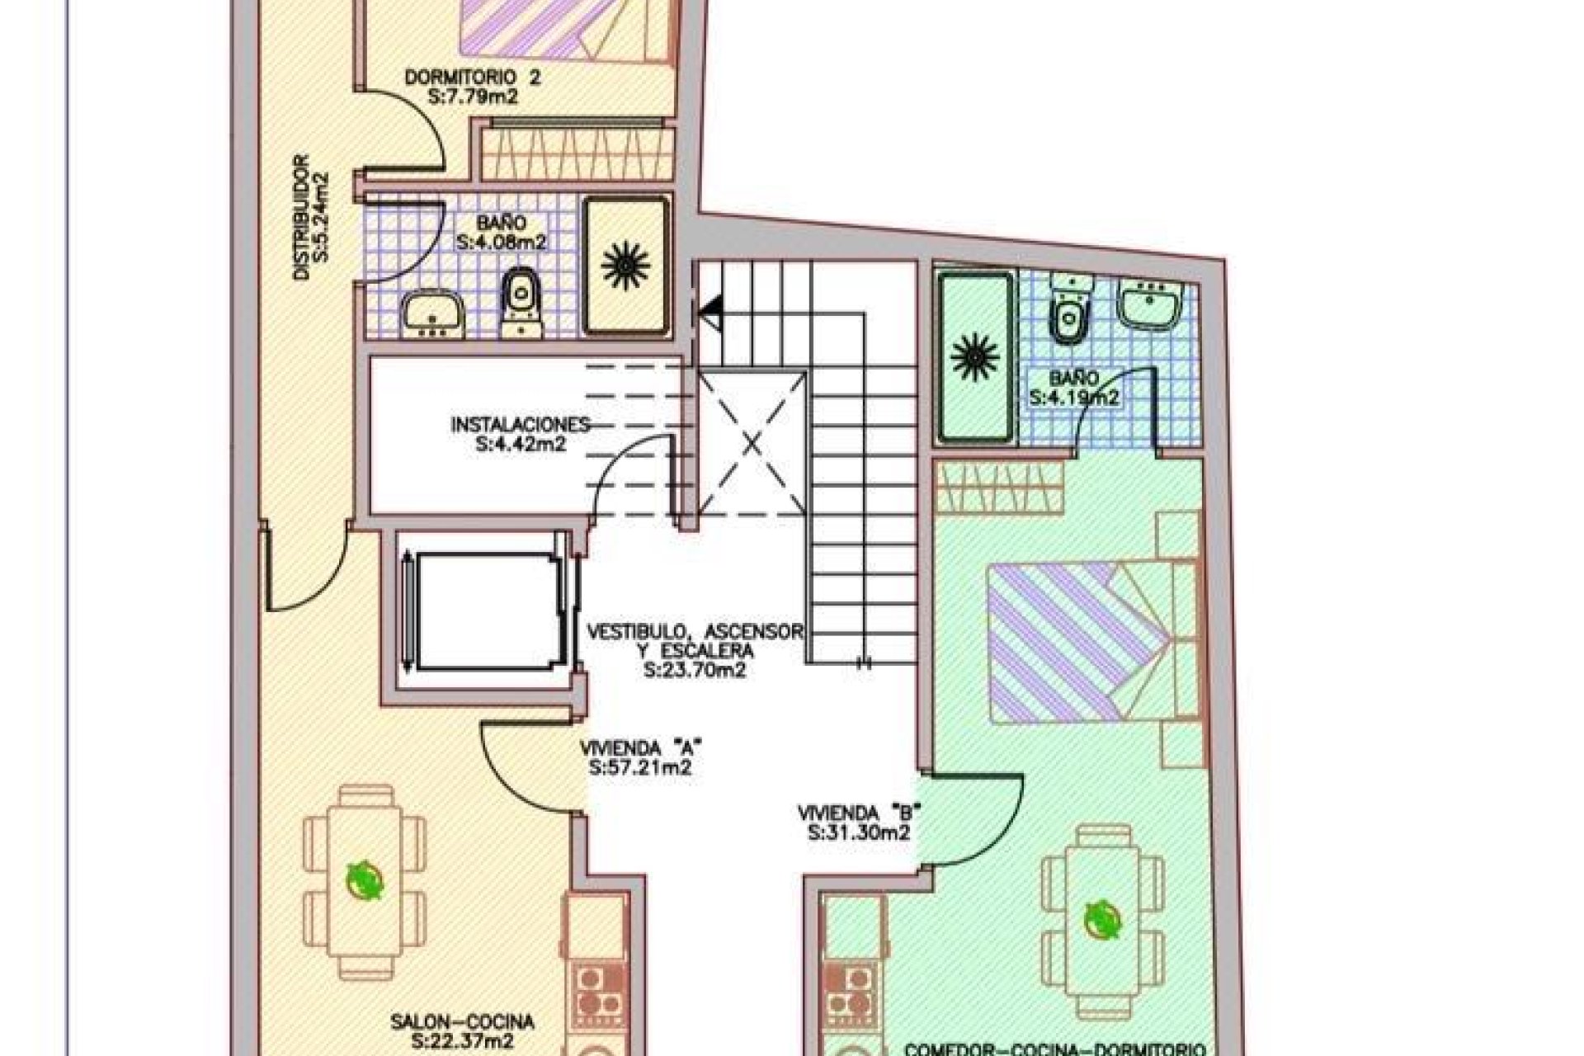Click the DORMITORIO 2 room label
click(473, 78)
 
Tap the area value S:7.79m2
click(473, 97)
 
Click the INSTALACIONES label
click(521, 426)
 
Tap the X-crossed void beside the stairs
click(752, 444)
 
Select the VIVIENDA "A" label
click(640, 749)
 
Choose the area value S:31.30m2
click(859, 832)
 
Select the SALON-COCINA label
click(462, 1022)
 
